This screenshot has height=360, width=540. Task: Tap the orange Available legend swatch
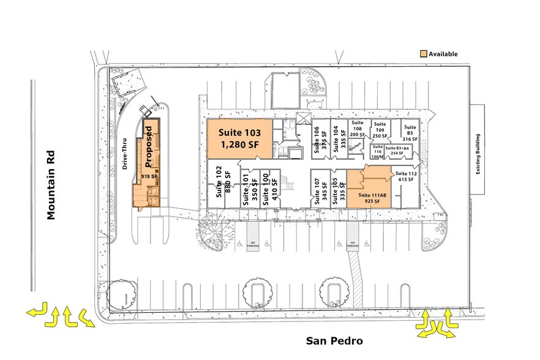click(x=423, y=54)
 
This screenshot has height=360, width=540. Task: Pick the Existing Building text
click(x=478, y=154)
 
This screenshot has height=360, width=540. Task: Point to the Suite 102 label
click(x=219, y=181)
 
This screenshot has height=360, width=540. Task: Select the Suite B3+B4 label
click(x=398, y=150)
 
